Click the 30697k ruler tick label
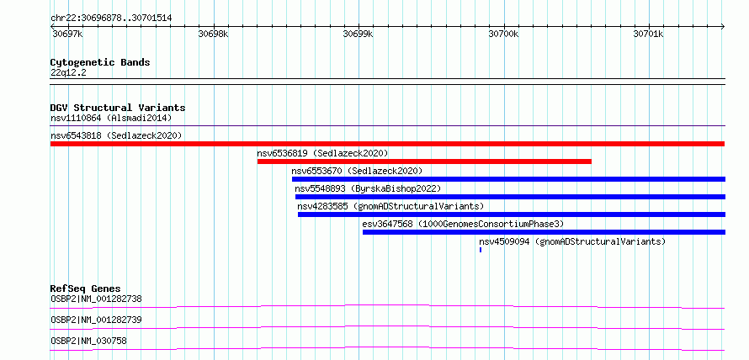pyautogui.click(x=67, y=34)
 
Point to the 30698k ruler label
pyautogui.click(x=213, y=34)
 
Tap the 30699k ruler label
pyautogui.click(x=359, y=34)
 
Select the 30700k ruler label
pyautogui.click(x=503, y=34)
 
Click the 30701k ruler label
pyautogui.click(x=649, y=34)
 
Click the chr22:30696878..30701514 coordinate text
pyautogui.click(x=111, y=19)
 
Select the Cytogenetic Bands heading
pyautogui.click(x=100, y=62)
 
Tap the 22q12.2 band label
pyautogui.click(x=68, y=73)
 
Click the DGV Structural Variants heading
pyautogui.click(x=118, y=108)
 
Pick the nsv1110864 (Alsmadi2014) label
pyautogui.click(x=111, y=118)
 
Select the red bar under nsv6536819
pyautogui.click(x=424, y=161)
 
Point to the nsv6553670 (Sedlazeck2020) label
pyautogui.click(x=358, y=171)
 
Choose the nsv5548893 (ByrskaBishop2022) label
pyautogui.click(x=368, y=188)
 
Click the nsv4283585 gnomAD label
pyautogui.click(x=390, y=206)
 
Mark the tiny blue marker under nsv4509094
pyautogui.click(x=481, y=250)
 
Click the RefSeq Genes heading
pyautogui.click(x=86, y=289)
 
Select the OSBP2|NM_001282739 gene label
pyautogui.click(x=96, y=320)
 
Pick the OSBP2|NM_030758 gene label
pyautogui.click(x=88, y=341)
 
